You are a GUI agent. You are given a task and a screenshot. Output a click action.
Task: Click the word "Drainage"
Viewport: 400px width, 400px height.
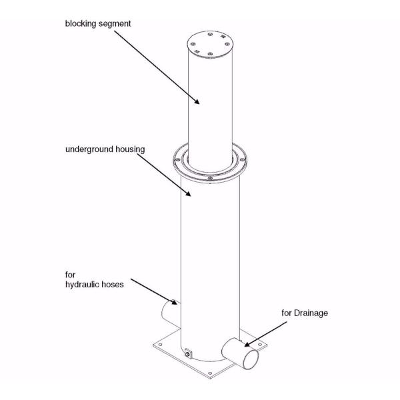[x=308, y=313]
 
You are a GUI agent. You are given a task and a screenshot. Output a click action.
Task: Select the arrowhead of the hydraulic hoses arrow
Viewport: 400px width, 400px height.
[x=177, y=304]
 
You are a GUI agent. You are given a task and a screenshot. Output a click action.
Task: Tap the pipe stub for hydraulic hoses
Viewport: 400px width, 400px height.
[x=169, y=311]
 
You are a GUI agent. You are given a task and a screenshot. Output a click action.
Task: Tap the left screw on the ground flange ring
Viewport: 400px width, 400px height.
[x=177, y=160]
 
